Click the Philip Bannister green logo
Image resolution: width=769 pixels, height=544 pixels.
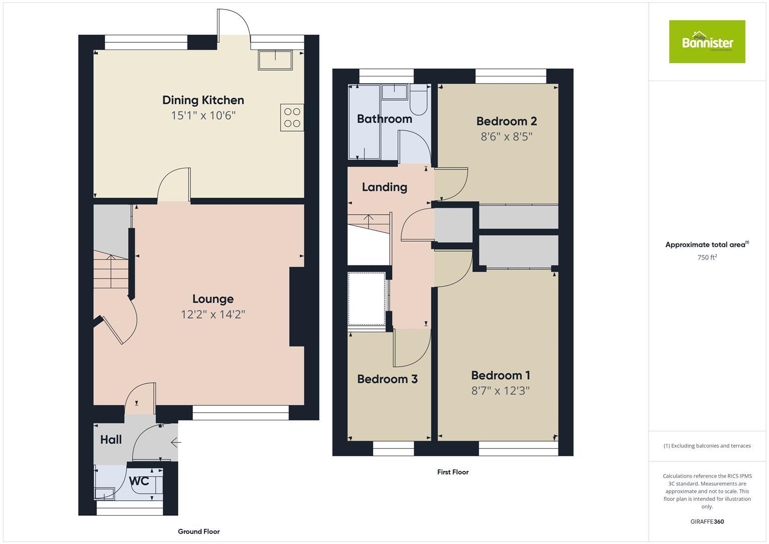[707, 42]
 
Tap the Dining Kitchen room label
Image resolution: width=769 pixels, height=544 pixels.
[203, 100]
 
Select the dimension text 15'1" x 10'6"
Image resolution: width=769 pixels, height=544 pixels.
[203, 116]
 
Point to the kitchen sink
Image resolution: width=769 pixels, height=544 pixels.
[275, 60]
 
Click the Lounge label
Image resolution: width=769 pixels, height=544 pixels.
[213, 299]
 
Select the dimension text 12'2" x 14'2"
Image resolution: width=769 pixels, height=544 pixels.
[213, 315]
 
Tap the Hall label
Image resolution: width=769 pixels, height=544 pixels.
[111, 440]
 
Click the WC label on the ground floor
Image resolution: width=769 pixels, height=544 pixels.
[139, 481]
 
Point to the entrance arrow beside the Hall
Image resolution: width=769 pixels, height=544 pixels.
[176, 443]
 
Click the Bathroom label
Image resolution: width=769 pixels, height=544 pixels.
[384, 119]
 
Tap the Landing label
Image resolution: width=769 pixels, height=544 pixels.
[384, 187]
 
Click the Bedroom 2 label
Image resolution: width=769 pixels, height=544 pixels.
[506, 121]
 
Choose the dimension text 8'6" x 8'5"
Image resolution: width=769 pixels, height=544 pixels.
[506, 137]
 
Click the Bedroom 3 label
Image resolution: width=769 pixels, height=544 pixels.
[387, 379]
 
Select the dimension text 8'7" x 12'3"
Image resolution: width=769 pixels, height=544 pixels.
[500, 391]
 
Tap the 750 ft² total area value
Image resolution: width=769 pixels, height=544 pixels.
[707, 257]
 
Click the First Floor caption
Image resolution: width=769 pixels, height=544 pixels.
[453, 472]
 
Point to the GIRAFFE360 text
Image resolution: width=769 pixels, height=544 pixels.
[707, 521]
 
